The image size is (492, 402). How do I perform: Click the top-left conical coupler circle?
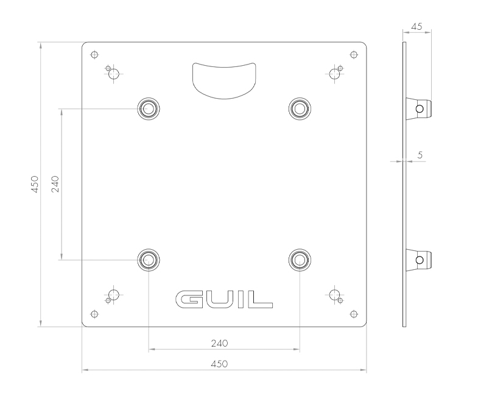[x=149, y=108]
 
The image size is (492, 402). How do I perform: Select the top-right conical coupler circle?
[x=298, y=108]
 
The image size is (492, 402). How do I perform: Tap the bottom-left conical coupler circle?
[x=149, y=259]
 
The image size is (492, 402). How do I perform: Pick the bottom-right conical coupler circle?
[x=298, y=259]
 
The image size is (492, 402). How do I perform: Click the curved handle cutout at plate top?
[x=223, y=78]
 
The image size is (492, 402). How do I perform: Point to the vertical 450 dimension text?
[x=35, y=184]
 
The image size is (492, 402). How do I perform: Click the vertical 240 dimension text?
[x=55, y=184]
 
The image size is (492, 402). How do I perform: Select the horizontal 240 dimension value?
[x=219, y=343]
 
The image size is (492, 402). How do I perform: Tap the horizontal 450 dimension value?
[x=219, y=364]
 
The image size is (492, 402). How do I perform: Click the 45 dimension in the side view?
[x=417, y=27]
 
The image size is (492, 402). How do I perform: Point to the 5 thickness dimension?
[x=420, y=155]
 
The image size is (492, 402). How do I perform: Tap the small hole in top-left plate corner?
[x=93, y=55]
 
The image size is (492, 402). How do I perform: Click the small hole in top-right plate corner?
[x=353, y=55]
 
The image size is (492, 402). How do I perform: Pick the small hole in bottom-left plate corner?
[x=93, y=314]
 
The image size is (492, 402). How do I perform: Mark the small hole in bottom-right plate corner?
[x=353, y=314]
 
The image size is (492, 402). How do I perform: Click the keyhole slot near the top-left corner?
[x=113, y=74]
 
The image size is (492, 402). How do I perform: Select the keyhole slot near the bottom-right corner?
[x=334, y=295]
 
